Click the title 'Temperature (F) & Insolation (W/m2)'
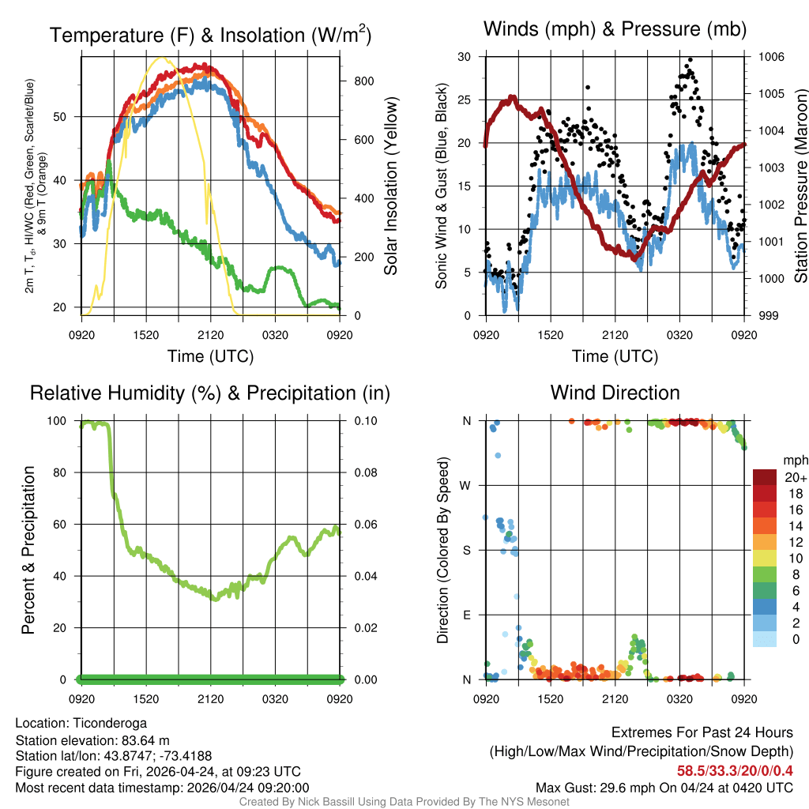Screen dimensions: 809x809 [x=210, y=36]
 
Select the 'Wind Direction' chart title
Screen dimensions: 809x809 [x=615, y=393]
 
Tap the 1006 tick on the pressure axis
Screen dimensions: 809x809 [x=770, y=57]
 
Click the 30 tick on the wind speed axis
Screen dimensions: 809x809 [x=465, y=57]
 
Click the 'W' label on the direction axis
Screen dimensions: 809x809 [x=466, y=485]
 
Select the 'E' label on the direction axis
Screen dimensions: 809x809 [x=466, y=615]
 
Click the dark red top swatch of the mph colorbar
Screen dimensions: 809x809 [x=765, y=477]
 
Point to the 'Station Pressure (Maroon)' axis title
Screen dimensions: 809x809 [x=800, y=186]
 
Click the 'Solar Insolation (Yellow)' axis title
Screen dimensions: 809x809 [x=390, y=186]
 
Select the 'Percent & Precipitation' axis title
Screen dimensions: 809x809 [x=28, y=550]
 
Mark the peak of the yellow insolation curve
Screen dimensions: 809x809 [x=162, y=57]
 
